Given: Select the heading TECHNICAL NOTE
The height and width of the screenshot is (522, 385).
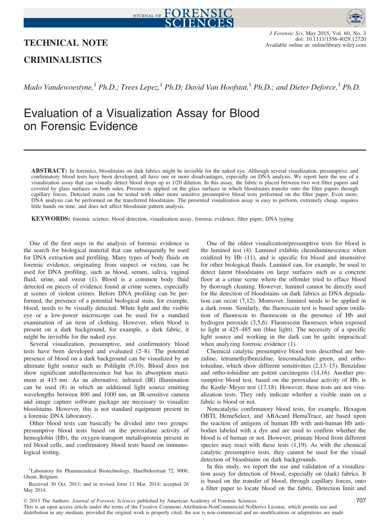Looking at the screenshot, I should (66, 43).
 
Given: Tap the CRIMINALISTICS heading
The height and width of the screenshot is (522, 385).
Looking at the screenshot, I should (63, 60).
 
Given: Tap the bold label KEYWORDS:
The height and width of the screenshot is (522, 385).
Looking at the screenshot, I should (51, 219).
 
